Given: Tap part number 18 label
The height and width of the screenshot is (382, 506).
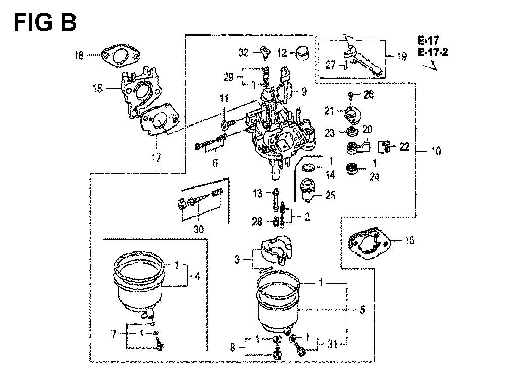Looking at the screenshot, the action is [79, 56].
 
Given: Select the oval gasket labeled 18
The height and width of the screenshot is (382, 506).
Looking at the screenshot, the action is [120, 58].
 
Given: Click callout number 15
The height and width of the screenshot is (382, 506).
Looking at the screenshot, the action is [98, 88].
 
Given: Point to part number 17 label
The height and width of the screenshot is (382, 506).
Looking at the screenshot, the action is [156, 158].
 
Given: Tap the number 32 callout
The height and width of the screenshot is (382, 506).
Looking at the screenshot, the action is [244, 53].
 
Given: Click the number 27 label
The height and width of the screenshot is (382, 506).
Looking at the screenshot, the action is [331, 65].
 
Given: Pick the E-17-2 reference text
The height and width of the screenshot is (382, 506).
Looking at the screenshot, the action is [433, 52].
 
